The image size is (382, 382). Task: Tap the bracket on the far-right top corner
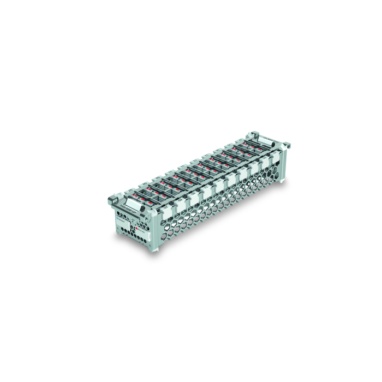tap(286, 146)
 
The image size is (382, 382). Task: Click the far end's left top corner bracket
tap(253, 134)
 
